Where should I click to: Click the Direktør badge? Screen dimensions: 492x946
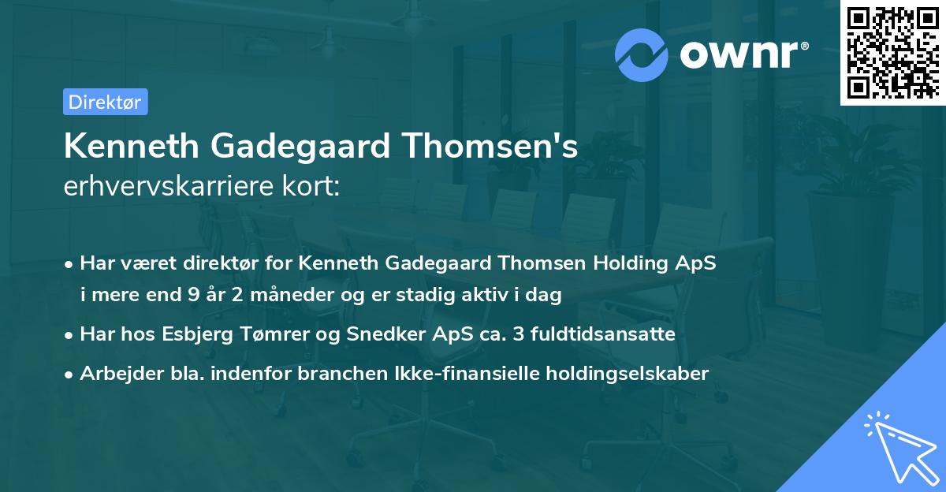pos(105,102)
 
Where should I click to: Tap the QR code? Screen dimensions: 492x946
pos(892,53)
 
